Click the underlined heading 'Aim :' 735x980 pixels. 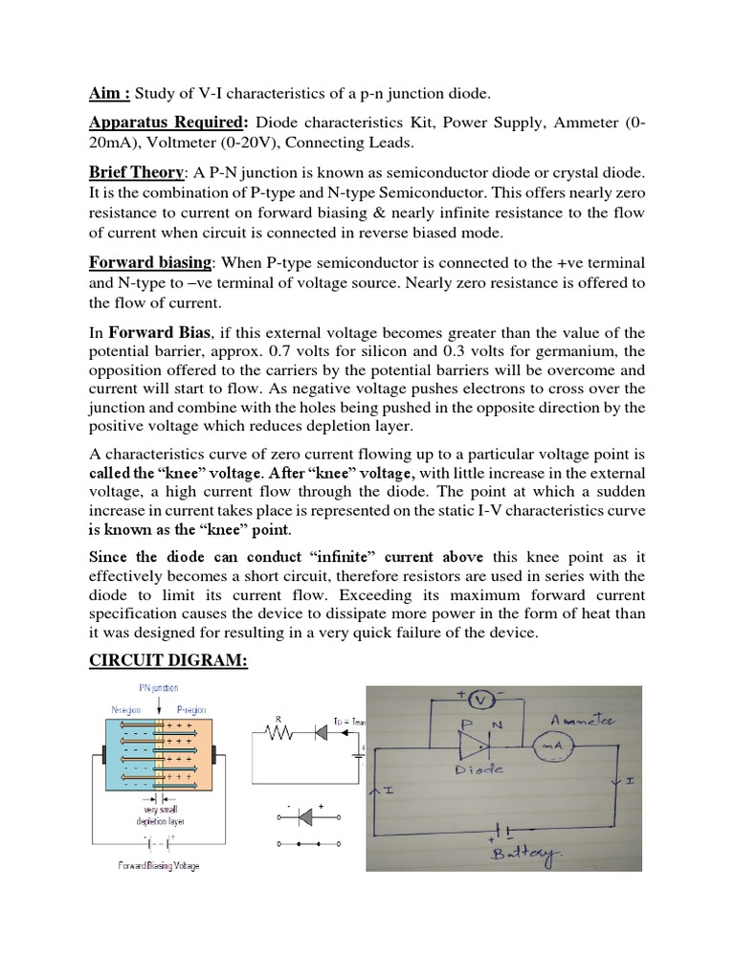pos(110,93)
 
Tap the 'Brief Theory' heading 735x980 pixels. pos(136,171)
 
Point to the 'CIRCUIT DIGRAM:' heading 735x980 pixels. pos(168,661)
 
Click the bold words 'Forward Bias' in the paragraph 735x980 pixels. pos(160,332)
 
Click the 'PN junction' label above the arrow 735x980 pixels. pos(158,687)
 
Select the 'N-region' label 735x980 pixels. pos(126,710)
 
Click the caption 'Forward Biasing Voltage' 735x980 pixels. pos(160,865)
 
